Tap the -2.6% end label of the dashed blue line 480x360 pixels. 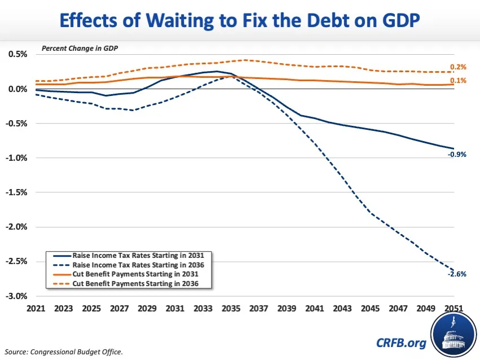click(x=457, y=274)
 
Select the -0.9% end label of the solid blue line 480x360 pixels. click(x=457, y=153)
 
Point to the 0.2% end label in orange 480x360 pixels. click(x=458, y=67)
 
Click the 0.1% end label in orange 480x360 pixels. click(x=458, y=81)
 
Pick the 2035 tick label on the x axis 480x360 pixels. click(x=232, y=309)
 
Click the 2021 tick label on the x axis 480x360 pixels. click(x=34, y=309)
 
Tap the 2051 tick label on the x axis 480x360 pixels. click(x=453, y=309)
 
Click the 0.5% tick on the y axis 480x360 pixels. click(x=17, y=54)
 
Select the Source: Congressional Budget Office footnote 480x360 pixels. click(x=61, y=351)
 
